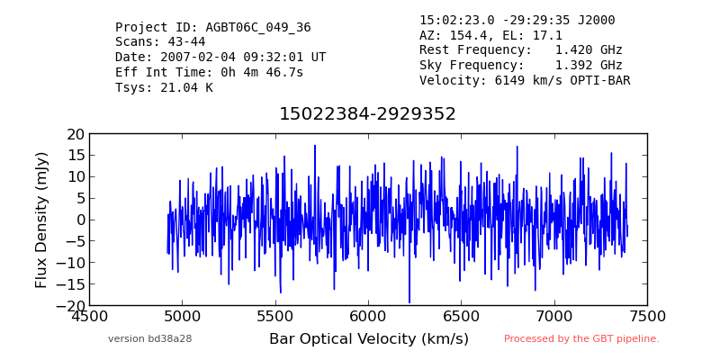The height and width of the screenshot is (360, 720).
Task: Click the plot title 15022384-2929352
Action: [x=367, y=114]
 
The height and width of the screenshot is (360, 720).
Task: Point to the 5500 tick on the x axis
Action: [x=275, y=317]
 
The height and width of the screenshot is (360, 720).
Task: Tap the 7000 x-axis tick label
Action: [x=554, y=317]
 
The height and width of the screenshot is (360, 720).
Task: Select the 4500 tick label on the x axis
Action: [x=89, y=317]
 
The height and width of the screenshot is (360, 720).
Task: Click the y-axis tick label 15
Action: [x=76, y=155]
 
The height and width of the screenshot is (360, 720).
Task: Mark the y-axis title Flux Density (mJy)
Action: [x=41, y=220]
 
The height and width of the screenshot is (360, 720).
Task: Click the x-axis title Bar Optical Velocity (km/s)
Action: [x=369, y=339]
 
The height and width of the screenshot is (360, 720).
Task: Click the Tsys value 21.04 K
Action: [x=186, y=87]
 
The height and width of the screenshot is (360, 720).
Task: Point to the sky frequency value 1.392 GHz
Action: [x=589, y=65]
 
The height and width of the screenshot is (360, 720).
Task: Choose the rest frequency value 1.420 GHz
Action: [x=589, y=49]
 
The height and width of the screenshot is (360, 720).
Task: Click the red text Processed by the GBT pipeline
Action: [x=581, y=339]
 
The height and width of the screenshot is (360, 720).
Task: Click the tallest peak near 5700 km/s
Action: [x=315, y=146]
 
